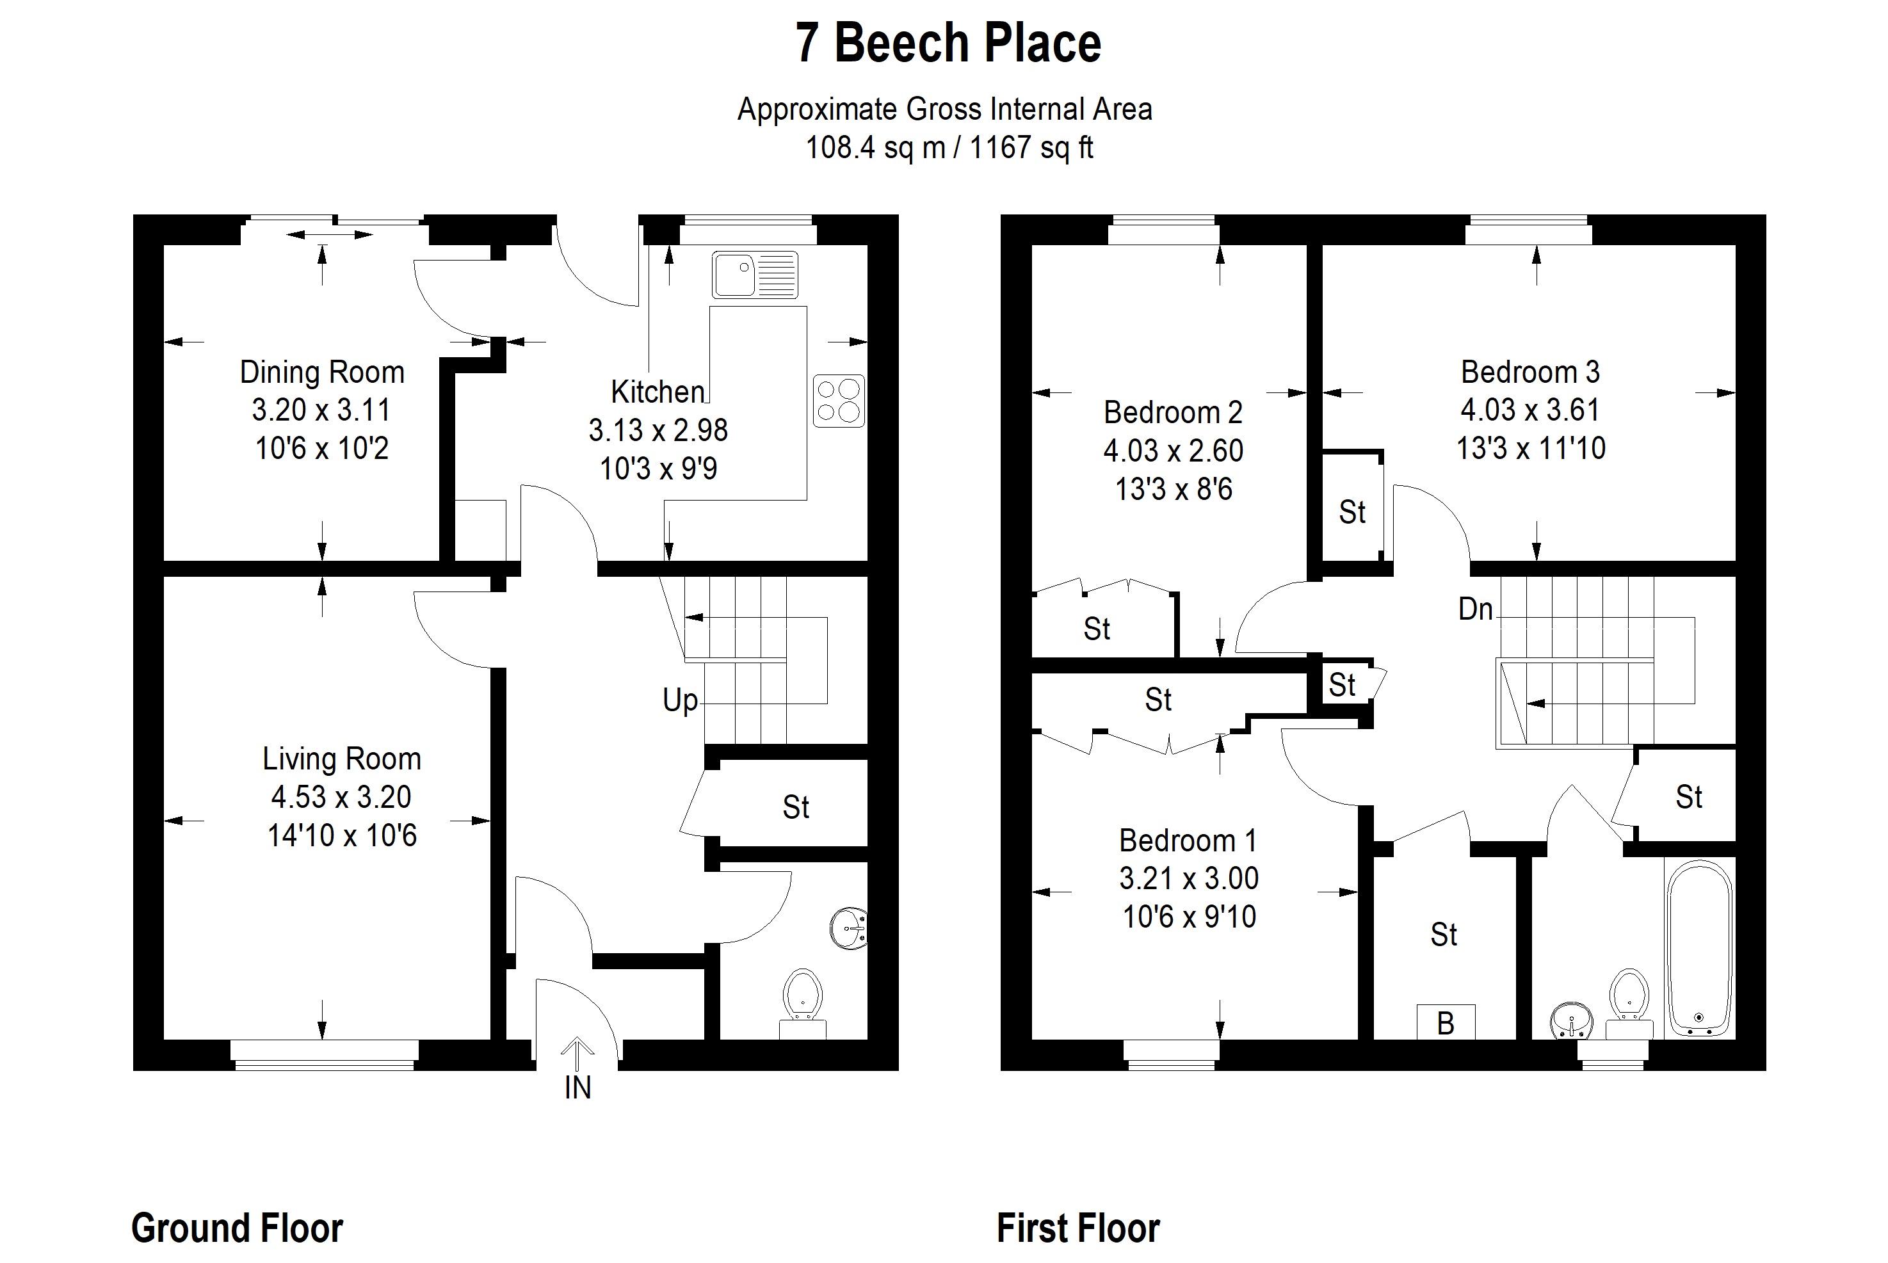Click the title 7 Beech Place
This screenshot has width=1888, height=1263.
(948, 43)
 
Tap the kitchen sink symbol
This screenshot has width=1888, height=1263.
(755, 275)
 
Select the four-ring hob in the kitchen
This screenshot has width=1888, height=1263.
(839, 400)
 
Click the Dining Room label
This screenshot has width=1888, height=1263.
(322, 372)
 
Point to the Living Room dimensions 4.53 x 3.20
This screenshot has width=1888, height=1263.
(341, 796)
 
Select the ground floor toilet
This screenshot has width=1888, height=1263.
(803, 1004)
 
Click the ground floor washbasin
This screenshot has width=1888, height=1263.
(848, 929)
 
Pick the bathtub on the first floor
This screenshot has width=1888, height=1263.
(1700, 948)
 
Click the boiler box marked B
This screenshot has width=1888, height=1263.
(1446, 1022)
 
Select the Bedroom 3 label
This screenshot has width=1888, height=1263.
(1530, 371)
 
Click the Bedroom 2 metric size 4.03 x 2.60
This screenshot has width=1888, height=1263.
(1174, 450)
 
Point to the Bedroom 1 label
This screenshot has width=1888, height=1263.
(1188, 840)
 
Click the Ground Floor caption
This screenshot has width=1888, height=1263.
(237, 1228)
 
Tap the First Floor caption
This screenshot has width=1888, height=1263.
(1079, 1228)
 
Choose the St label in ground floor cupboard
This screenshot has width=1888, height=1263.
(796, 807)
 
